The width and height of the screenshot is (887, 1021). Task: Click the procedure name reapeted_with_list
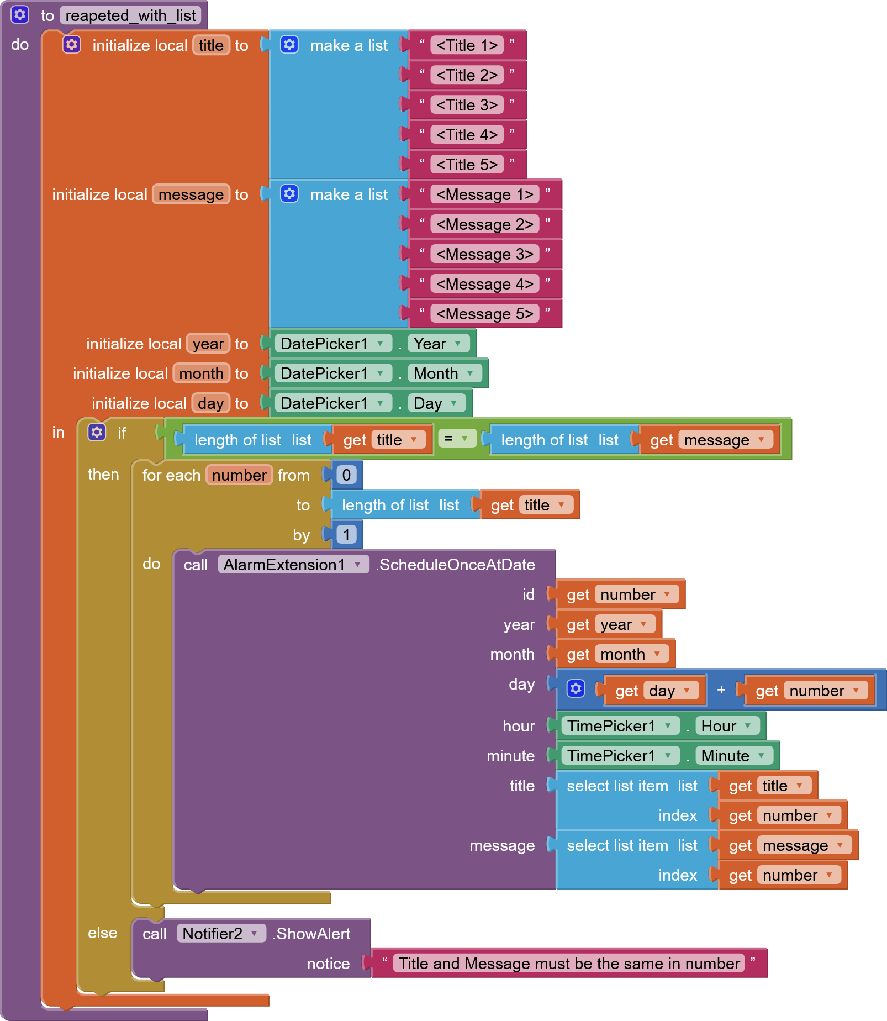pyautogui.click(x=130, y=15)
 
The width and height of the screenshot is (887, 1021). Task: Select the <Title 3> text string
pyautogui.click(x=467, y=105)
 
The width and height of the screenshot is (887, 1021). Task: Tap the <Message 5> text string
pyautogui.click(x=484, y=314)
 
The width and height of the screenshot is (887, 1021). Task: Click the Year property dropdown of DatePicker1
pyautogui.click(x=439, y=344)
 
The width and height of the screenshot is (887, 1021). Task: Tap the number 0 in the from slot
pyautogui.click(x=346, y=475)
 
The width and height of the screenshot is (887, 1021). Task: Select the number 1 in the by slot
pyautogui.click(x=346, y=534)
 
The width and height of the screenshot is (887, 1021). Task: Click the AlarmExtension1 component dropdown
pyautogui.click(x=293, y=565)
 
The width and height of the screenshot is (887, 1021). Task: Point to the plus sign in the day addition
pyautogui.click(x=721, y=690)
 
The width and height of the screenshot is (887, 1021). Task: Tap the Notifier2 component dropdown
pyautogui.click(x=220, y=934)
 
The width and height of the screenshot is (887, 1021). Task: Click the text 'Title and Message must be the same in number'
pyautogui.click(x=569, y=964)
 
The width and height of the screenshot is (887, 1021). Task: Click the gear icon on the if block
pyautogui.click(x=97, y=432)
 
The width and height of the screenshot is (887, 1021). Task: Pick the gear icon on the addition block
pyautogui.click(x=576, y=688)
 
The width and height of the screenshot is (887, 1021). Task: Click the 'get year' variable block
pyautogui.click(x=608, y=624)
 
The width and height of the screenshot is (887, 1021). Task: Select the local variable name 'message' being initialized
pyautogui.click(x=191, y=194)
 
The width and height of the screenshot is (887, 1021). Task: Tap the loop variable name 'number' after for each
pyautogui.click(x=239, y=475)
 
